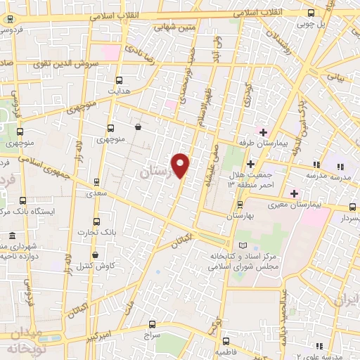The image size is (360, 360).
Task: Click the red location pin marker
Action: point(181,165)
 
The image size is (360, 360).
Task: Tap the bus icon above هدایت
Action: point(118,80)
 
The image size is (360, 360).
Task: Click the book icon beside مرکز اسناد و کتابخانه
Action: point(243,245)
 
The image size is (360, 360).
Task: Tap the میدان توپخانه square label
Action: point(26,340)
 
